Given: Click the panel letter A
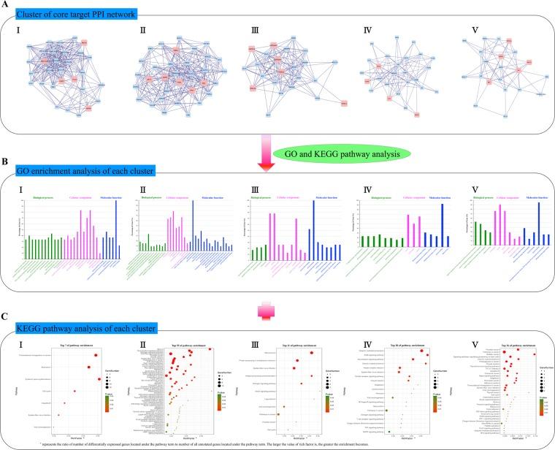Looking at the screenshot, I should pos(6,4).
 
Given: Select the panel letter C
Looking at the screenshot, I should pos(6,319).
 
